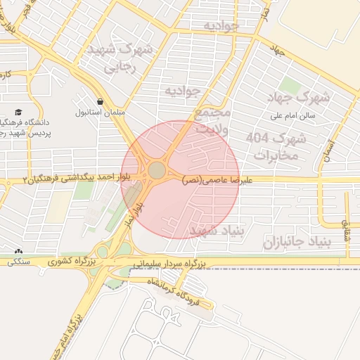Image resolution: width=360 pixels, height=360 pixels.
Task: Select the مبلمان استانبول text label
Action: [x=100, y=112]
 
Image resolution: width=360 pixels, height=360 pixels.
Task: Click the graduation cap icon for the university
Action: [x=18, y=112]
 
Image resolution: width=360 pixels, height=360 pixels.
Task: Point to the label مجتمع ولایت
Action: [x=210, y=120]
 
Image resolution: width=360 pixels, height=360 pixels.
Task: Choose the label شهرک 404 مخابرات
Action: [x=273, y=146]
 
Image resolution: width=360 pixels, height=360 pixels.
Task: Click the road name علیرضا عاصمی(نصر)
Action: [x=210, y=180]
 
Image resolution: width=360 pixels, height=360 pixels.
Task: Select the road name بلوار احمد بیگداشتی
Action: [x=88, y=179]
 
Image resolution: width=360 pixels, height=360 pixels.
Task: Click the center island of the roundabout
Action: [x=157, y=171]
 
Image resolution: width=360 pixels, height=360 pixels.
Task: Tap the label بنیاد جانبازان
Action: [x=296, y=243]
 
